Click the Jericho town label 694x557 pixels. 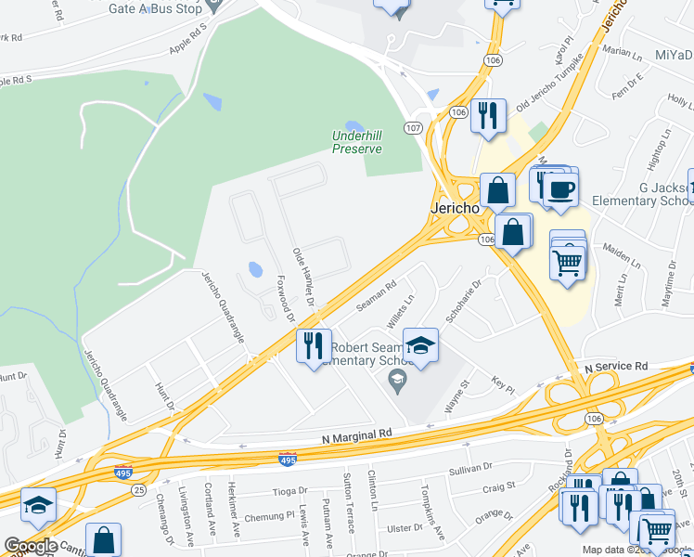coord(455,209)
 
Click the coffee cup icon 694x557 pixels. coord(560,190)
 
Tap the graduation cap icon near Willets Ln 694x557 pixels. coord(421,347)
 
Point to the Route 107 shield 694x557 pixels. coord(413,126)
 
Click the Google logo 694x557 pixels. coord(31,546)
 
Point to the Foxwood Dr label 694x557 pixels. coord(285,294)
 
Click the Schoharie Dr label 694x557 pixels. coord(464,302)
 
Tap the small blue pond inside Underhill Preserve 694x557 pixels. coord(353,126)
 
